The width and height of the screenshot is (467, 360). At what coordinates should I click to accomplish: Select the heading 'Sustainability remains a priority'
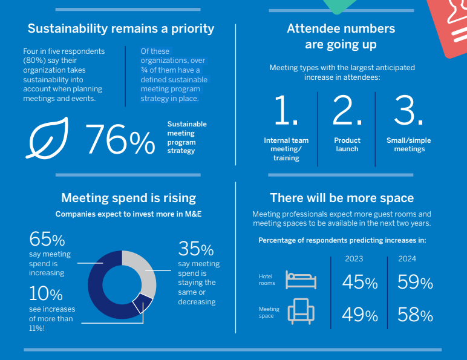pos(121,28)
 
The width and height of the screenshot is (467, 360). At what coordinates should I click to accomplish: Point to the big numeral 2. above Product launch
pos(347,111)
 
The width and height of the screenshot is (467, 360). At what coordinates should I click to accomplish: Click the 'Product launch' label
pos(347,145)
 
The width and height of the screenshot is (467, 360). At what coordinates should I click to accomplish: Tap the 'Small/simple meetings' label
pos(409,145)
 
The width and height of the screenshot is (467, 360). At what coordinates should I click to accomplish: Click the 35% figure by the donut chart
pos(195,249)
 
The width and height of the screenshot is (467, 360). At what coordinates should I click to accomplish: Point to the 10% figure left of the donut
pos(46,294)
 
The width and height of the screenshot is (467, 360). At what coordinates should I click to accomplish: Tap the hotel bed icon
pos(301,280)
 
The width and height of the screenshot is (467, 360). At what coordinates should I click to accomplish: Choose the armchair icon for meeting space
pos(301,312)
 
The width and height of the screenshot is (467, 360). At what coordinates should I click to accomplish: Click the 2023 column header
pos(354,259)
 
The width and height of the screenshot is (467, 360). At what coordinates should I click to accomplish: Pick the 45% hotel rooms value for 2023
pos(359,283)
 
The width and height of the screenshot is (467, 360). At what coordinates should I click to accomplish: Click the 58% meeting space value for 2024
pos(415,315)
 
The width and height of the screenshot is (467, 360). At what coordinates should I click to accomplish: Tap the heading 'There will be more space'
pos(342,198)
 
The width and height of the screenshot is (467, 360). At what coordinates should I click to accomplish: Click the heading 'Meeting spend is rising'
pos(129,198)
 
